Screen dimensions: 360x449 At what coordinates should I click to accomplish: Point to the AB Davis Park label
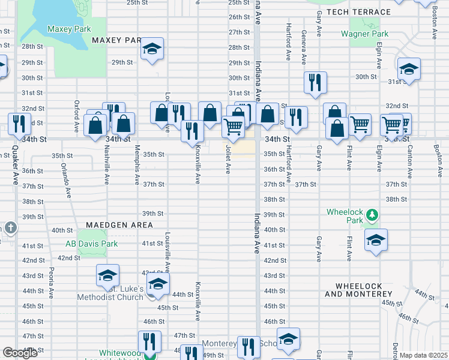(92, 244)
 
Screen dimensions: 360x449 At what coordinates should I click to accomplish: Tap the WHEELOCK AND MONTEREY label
(358, 289)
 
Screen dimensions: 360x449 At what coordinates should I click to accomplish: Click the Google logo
(20, 353)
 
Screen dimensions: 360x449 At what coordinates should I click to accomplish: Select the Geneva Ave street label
(304, 47)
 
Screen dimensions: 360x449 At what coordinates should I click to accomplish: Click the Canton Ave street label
(409, 162)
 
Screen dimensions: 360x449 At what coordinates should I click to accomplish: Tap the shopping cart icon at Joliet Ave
(233, 126)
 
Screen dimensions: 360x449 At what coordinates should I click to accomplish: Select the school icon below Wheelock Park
(376, 240)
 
